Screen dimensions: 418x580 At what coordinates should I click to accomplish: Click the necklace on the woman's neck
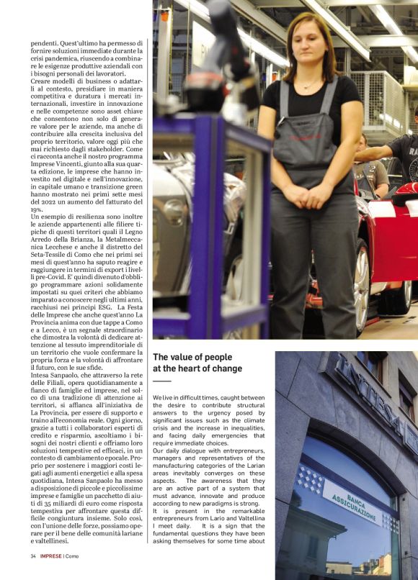(x=308, y=85)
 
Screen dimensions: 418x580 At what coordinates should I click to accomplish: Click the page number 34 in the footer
(x=33, y=556)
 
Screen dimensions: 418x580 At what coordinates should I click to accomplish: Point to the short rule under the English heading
(x=161, y=381)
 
